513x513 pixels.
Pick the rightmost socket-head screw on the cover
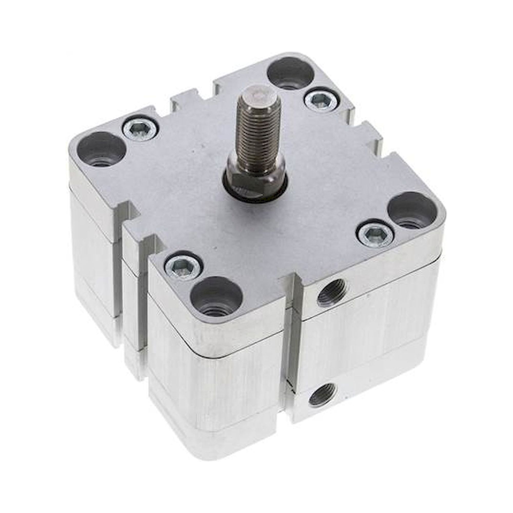click(x=375, y=234)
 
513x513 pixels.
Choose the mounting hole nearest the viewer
click(x=216, y=295)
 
